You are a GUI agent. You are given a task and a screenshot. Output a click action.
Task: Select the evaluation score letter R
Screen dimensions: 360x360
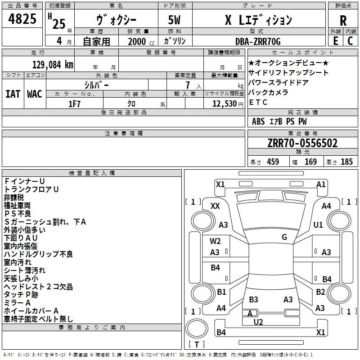click(x=343, y=20)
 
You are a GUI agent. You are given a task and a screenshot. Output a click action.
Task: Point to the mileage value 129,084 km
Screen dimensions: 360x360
click(x=52, y=65)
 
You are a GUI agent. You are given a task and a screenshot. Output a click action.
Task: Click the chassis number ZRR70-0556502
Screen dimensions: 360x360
click(x=302, y=144)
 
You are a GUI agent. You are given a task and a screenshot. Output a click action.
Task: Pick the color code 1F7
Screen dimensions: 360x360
click(x=74, y=103)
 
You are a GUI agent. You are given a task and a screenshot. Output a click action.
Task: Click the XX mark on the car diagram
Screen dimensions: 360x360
click(x=215, y=206)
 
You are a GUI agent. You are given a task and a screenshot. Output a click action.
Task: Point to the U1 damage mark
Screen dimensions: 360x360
click(x=318, y=225)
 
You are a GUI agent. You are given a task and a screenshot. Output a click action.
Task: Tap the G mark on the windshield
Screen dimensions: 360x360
click(x=284, y=237)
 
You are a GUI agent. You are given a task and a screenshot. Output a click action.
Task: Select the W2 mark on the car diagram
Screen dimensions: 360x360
click(x=215, y=241)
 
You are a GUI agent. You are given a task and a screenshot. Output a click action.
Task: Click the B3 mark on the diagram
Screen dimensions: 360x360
click(x=253, y=299)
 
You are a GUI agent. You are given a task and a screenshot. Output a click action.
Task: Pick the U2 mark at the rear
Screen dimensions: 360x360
click(x=258, y=321)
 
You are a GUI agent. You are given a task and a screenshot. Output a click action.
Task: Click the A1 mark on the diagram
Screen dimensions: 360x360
click(x=321, y=184)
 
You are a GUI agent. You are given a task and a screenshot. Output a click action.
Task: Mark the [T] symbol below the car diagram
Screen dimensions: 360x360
click(x=196, y=345)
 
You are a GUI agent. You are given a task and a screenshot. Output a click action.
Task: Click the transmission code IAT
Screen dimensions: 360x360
click(x=13, y=94)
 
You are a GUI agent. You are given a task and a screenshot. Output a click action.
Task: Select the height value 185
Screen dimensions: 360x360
click(x=346, y=162)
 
